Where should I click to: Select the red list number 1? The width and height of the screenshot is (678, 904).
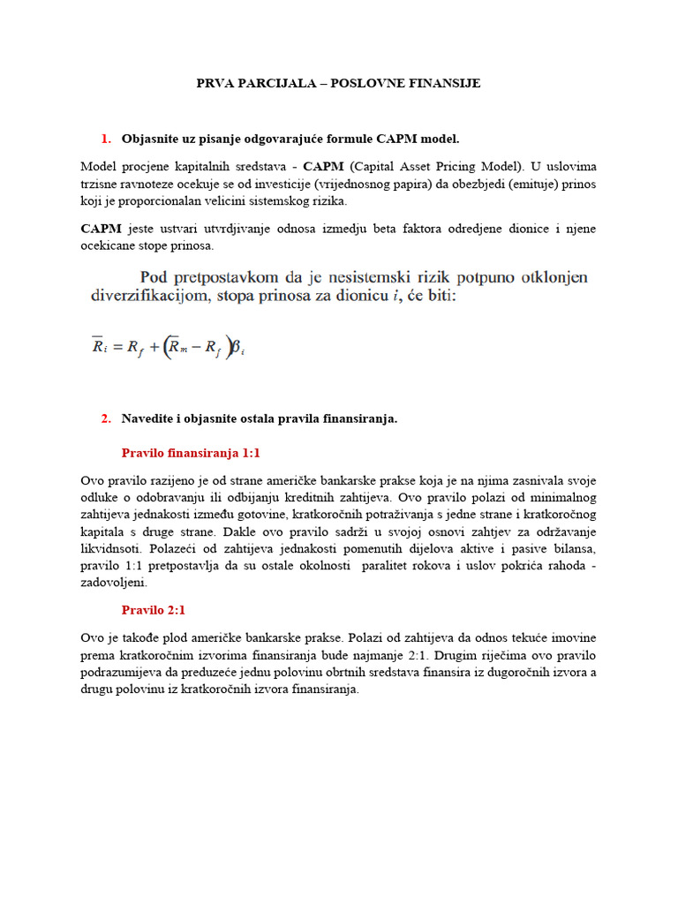pyautogui.click(x=106, y=139)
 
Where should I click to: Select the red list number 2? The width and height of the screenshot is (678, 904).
pyautogui.click(x=106, y=418)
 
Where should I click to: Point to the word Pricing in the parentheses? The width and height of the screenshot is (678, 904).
pyautogui.click(x=435, y=165)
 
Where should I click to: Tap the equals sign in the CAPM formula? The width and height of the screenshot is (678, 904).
pyautogui.click(x=117, y=347)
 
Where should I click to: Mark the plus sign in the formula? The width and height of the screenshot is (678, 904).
pyautogui.click(x=152, y=347)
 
